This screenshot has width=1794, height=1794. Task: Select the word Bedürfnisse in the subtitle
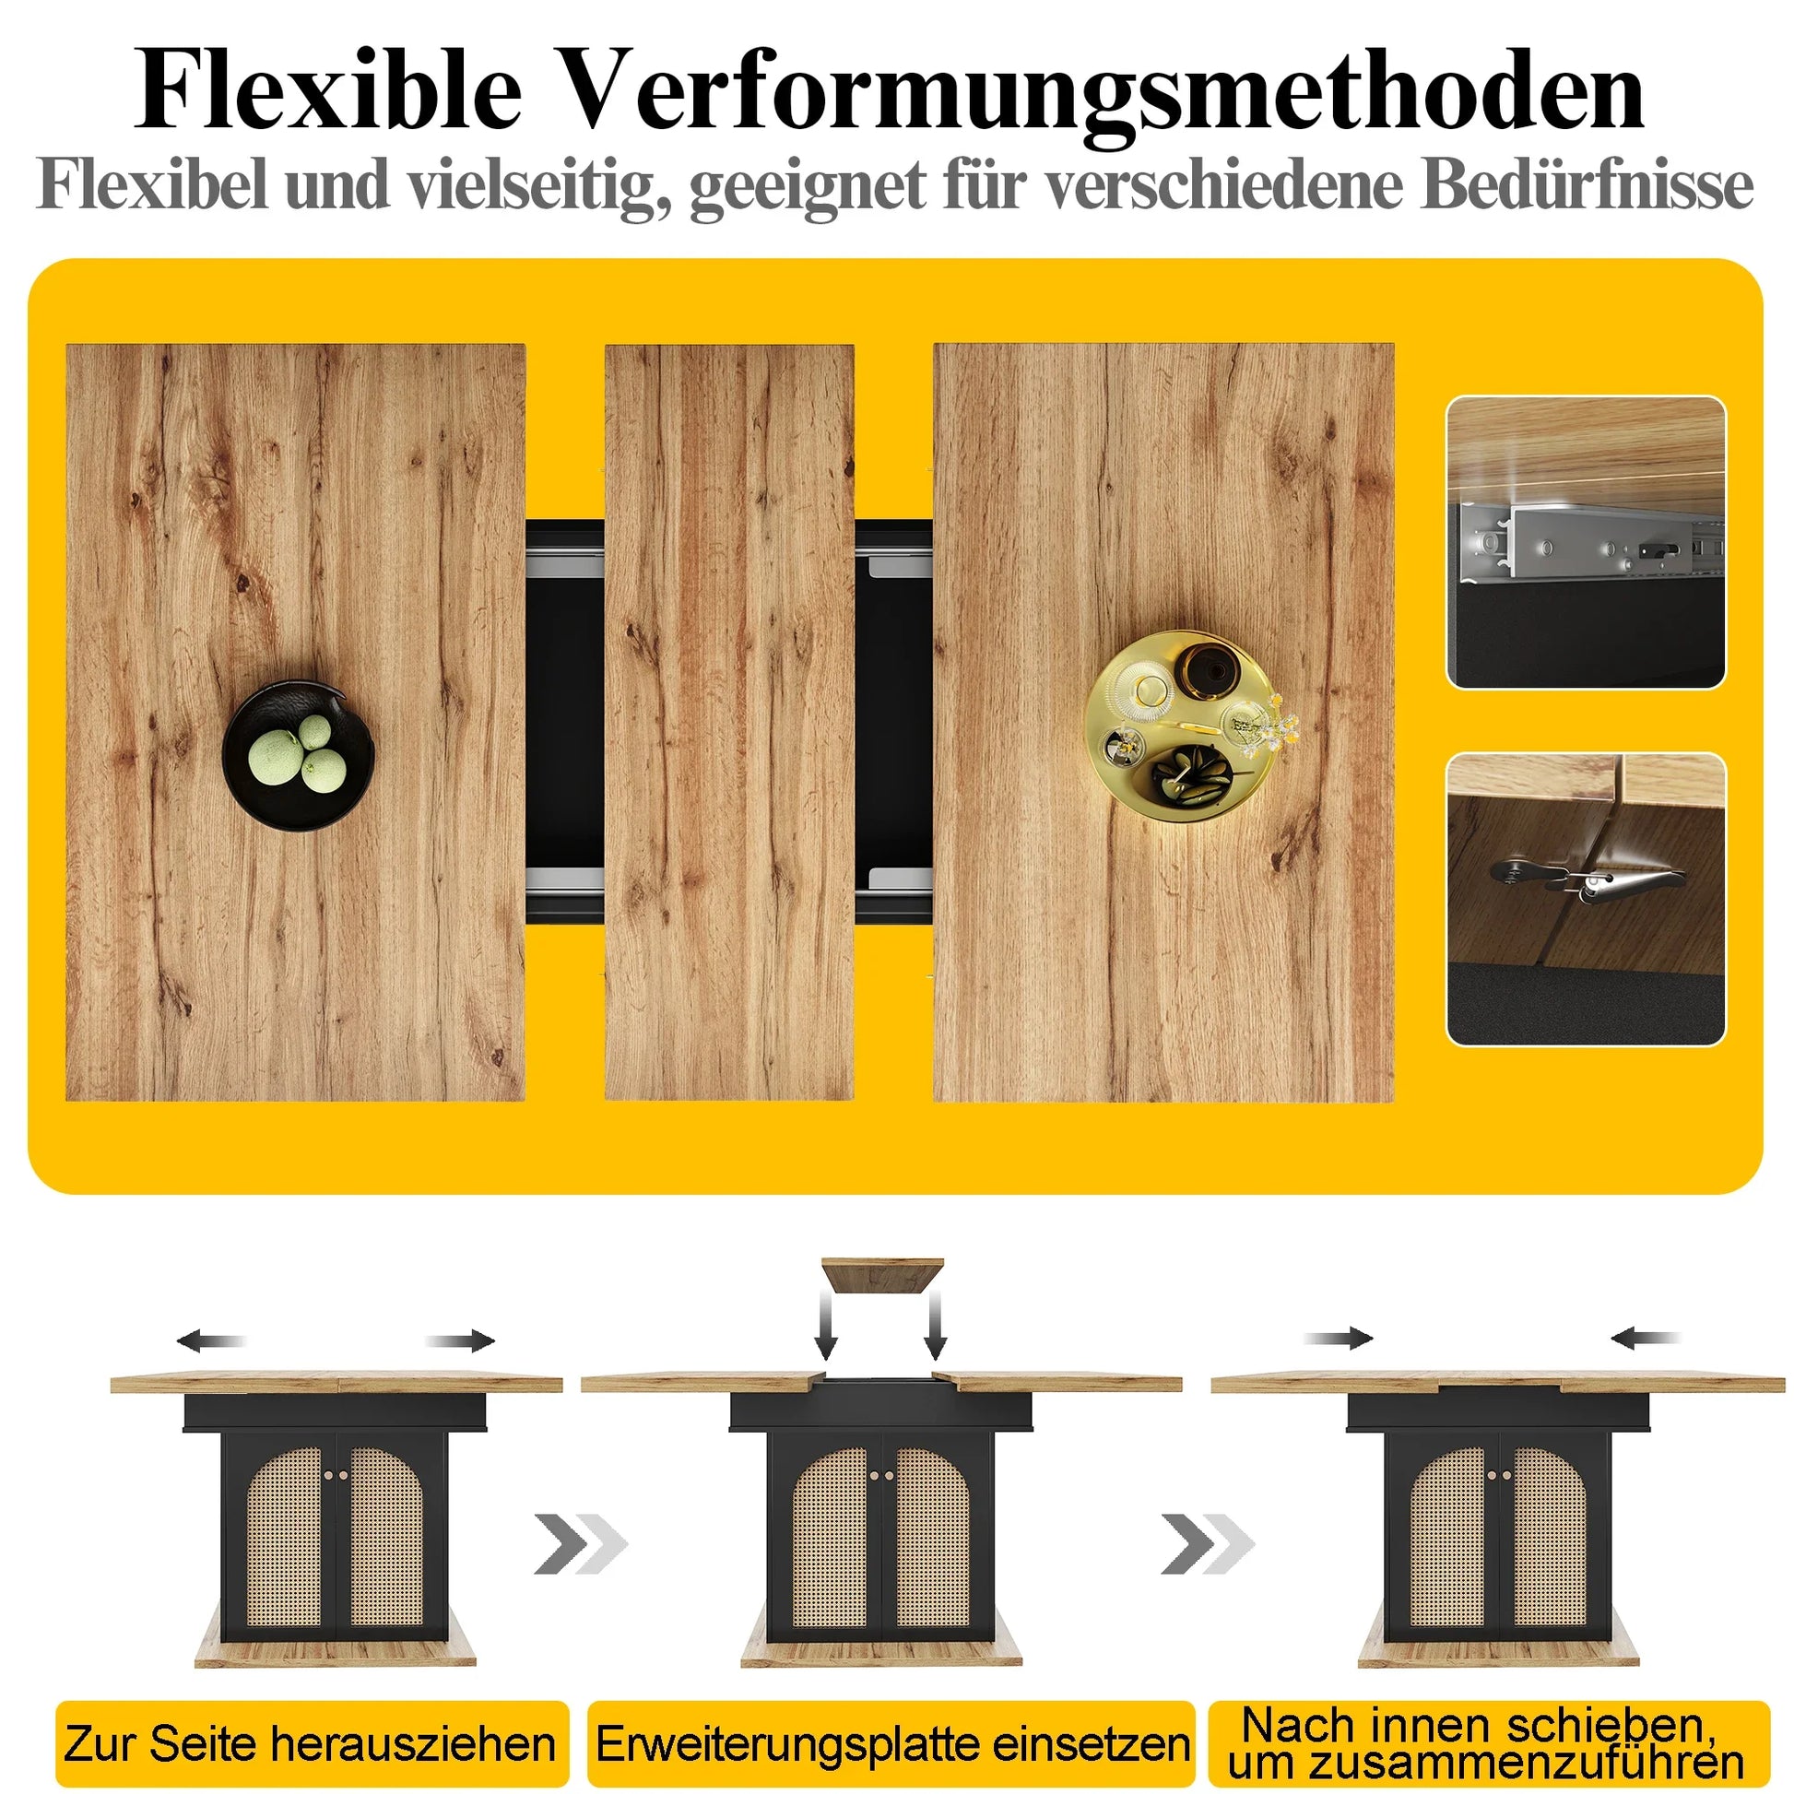click(1587, 185)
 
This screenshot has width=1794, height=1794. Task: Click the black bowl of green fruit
click(298, 755)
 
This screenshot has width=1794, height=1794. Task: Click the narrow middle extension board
click(729, 723)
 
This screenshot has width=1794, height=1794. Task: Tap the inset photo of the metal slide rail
click(1586, 542)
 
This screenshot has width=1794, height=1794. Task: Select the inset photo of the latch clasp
click(1586, 899)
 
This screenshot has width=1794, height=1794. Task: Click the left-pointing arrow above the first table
click(212, 1340)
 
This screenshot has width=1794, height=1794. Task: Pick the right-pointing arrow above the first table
click(461, 1340)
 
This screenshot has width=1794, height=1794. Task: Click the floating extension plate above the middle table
click(882, 1275)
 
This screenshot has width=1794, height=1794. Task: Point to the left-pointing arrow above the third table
click(1646, 1338)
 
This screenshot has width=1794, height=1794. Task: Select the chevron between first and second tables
click(581, 1544)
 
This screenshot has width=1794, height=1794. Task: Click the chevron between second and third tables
click(1207, 1544)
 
